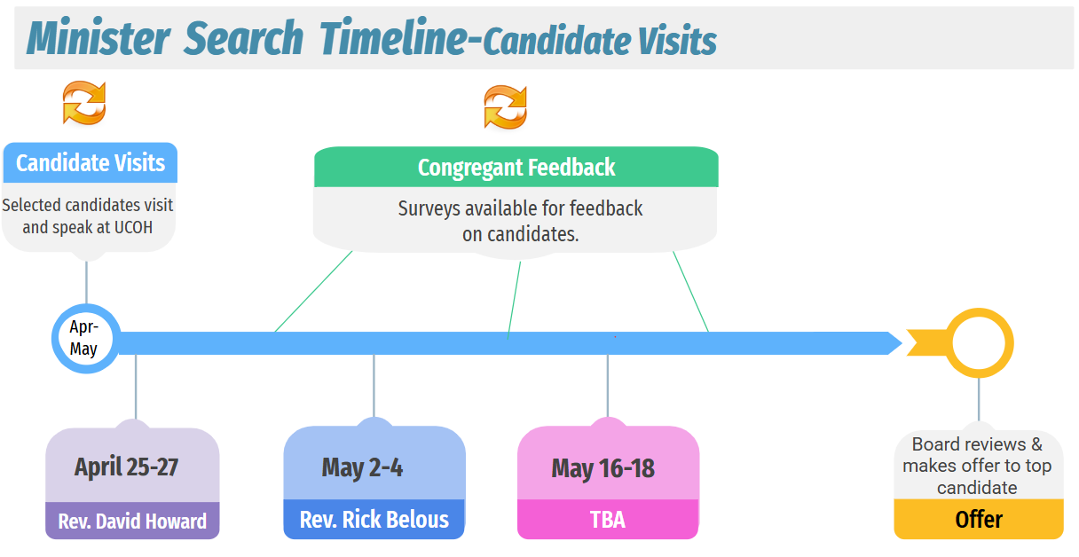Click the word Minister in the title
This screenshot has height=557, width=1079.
[98, 37]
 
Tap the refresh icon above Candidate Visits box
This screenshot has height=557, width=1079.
[84, 103]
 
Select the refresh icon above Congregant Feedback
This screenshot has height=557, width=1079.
[505, 107]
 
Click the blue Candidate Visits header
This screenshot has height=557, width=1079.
[91, 162]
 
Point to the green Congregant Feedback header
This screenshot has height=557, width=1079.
[516, 167]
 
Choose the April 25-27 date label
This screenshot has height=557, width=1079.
[126, 467]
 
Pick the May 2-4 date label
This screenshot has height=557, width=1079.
[362, 467]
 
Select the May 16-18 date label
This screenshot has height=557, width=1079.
[603, 468]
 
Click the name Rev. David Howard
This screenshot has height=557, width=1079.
[132, 522]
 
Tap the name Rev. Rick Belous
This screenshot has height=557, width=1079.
[374, 520]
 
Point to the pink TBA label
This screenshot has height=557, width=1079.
[608, 520]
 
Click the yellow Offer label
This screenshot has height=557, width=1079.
[979, 520]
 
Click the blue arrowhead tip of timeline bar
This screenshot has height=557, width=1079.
[902, 343]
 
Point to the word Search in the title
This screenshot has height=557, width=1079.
[244, 37]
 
